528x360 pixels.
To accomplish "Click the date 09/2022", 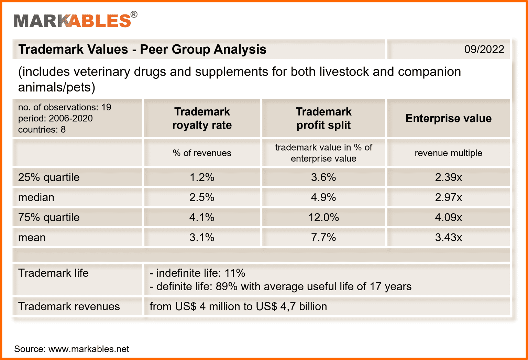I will click(x=484, y=49).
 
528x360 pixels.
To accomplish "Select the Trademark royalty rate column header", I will click(x=202, y=118).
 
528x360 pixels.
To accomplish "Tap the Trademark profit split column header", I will click(x=323, y=118).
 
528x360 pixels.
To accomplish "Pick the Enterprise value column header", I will click(x=448, y=118).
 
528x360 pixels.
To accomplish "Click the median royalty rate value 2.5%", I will click(x=202, y=197).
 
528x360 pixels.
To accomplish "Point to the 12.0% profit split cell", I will click(x=323, y=217).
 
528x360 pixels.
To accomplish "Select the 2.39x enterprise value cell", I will click(x=448, y=177).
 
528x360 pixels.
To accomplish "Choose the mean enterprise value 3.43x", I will click(x=448, y=237).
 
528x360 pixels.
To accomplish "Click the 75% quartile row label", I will click(x=49, y=217).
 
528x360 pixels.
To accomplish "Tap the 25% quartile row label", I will click(x=49, y=177).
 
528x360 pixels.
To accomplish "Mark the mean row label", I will click(x=32, y=237).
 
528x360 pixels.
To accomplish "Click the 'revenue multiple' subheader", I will click(x=448, y=153).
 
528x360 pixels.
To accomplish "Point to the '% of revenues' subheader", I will click(x=202, y=153).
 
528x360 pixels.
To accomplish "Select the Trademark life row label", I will click(x=53, y=273).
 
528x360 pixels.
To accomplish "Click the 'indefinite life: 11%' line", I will click(x=197, y=273).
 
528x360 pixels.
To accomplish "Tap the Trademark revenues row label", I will click(x=69, y=306).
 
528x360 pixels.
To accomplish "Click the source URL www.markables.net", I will click(x=89, y=349).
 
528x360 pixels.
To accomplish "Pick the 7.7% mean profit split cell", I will click(x=323, y=237).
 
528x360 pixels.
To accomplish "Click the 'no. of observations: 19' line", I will click(x=65, y=107).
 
